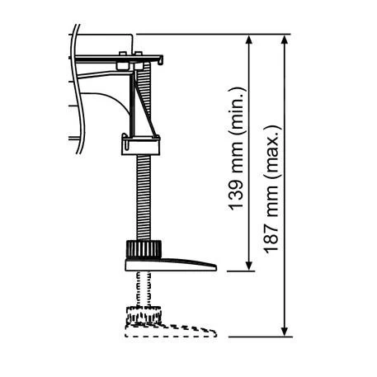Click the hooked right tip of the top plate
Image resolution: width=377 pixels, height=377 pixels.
point(163,59)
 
